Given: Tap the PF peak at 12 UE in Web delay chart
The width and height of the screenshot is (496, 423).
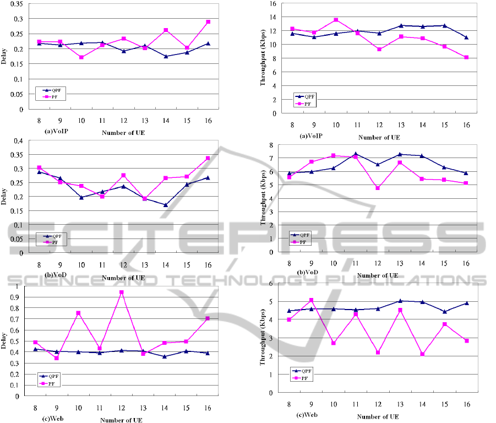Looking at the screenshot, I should [x=121, y=292].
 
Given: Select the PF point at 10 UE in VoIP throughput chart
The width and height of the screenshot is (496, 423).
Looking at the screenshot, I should [x=336, y=20].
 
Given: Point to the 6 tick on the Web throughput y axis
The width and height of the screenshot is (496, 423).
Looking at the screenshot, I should [x=271, y=284].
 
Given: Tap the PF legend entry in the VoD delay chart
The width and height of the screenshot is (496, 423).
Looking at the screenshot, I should [x=57, y=241].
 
